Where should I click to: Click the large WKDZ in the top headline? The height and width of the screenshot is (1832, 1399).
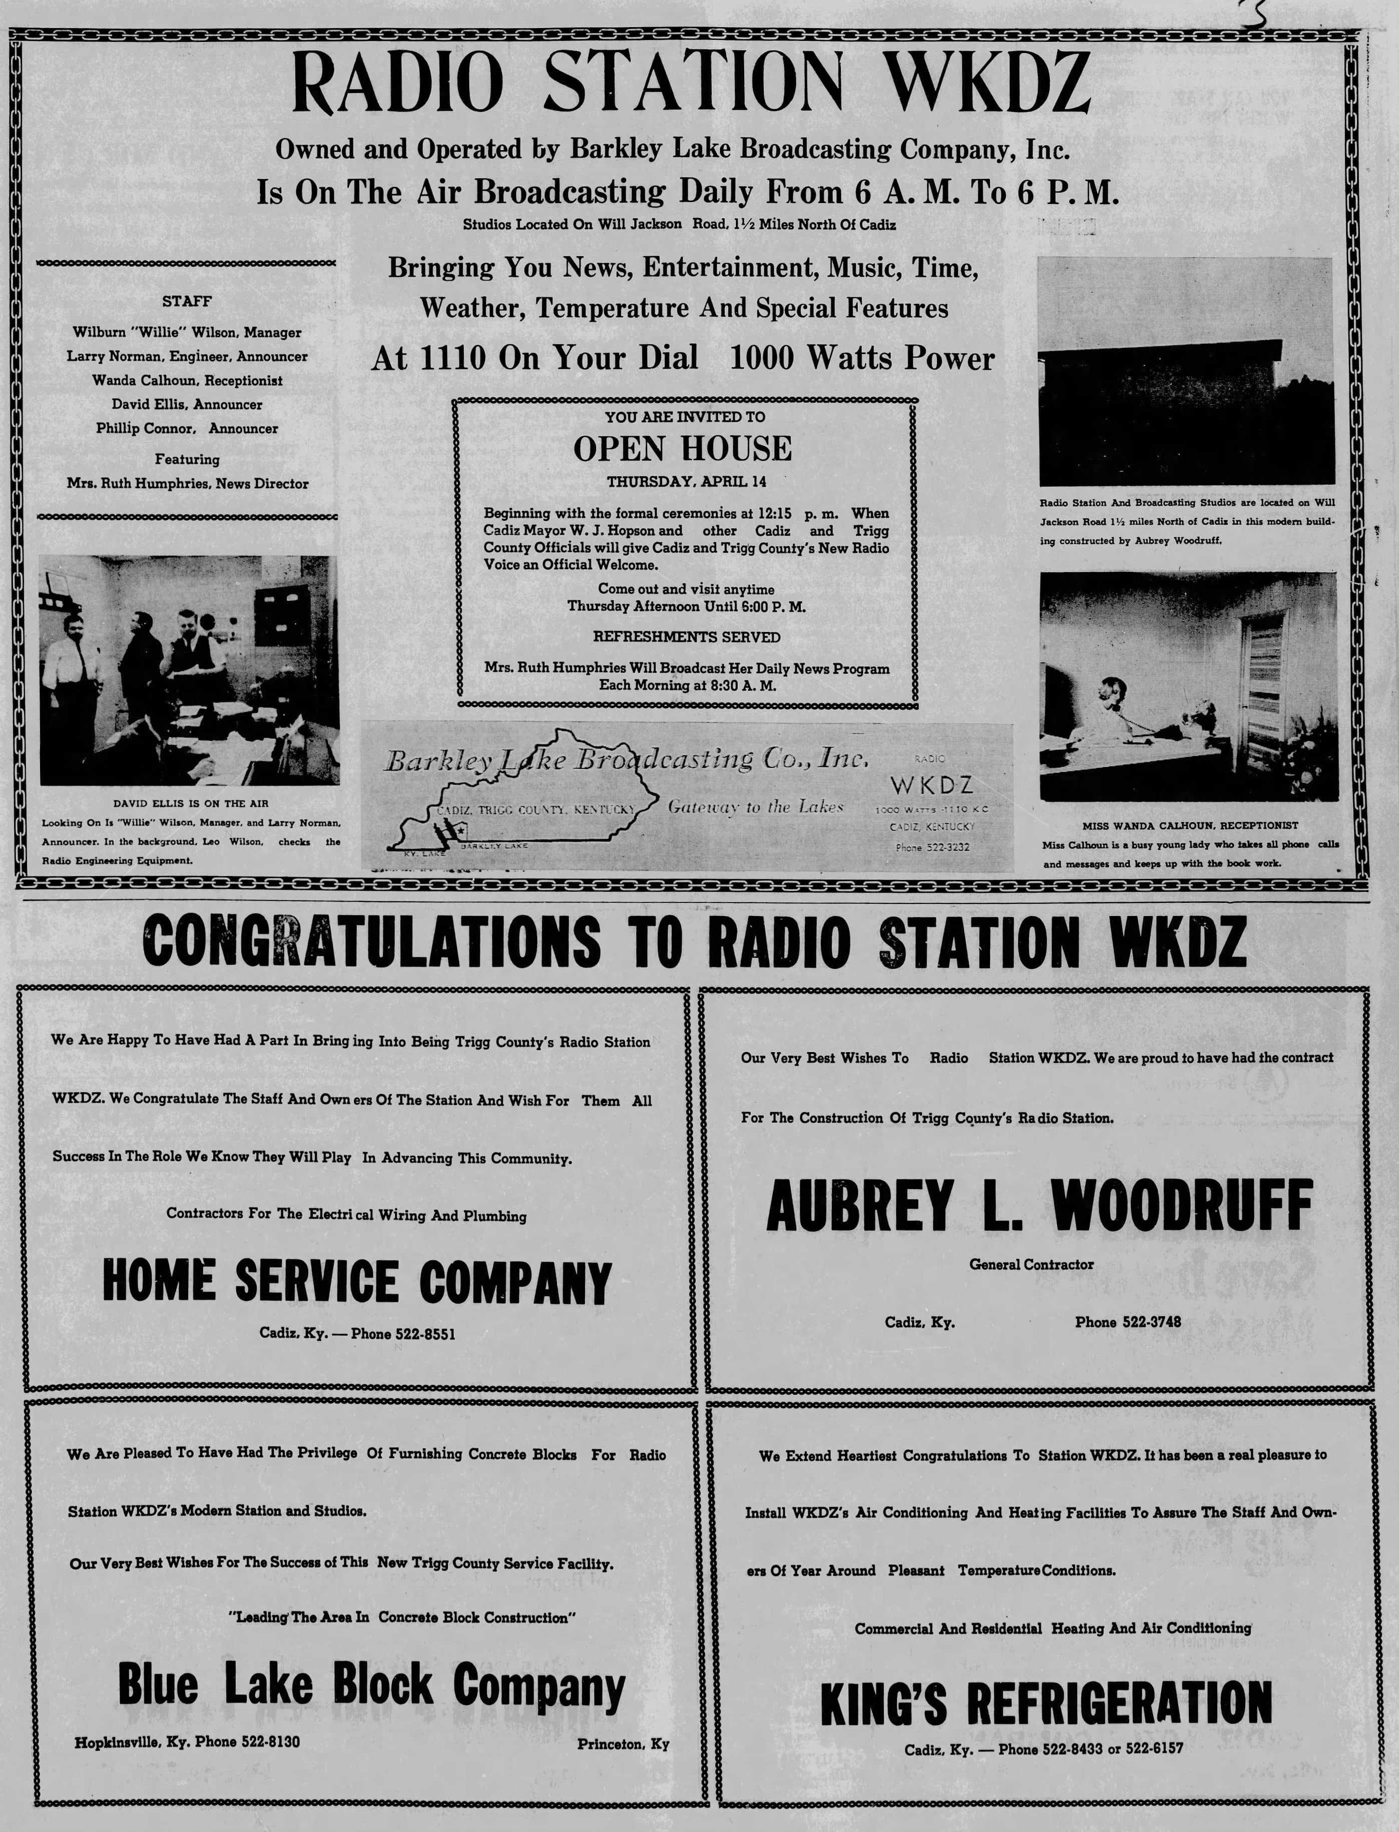coord(986,83)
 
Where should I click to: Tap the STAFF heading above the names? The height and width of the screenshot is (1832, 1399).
coord(187,301)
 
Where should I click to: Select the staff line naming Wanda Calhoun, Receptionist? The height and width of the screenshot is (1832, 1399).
coord(187,380)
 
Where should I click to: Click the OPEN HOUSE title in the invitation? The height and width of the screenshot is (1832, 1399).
coord(682,449)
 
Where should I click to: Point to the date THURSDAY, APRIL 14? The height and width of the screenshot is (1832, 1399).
coord(686,482)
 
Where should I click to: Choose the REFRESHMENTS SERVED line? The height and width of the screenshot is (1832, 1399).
coord(686,637)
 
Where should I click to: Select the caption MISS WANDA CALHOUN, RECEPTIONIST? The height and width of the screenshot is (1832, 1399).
coord(1189,825)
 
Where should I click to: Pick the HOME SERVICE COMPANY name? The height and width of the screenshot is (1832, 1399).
coord(356,1282)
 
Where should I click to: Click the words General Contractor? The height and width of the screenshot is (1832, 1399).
coord(1031,1264)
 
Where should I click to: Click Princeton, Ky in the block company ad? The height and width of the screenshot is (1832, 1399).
coord(623,1744)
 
